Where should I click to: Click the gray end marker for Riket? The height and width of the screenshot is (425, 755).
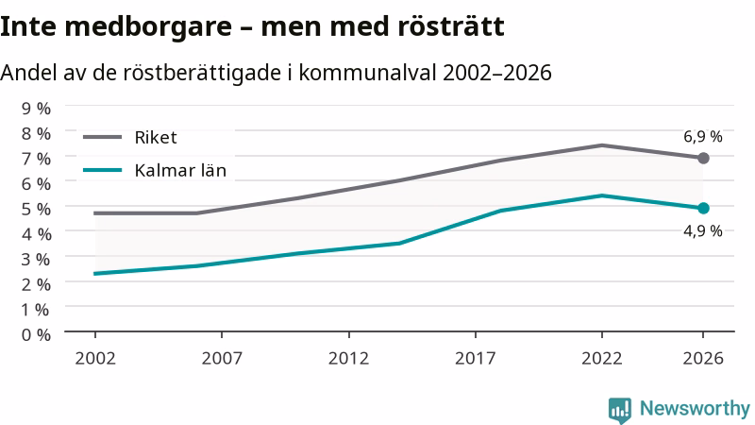[703, 158]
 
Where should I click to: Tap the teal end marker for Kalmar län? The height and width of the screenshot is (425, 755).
[703, 208]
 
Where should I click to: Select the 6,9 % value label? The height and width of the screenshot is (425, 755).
[703, 137]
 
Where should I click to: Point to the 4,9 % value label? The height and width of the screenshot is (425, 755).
[703, 231]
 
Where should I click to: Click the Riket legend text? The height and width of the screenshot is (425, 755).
[156, 138]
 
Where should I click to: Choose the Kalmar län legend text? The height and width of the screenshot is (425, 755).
[180, 171]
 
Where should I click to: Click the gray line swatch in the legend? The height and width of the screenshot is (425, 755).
[102, 137]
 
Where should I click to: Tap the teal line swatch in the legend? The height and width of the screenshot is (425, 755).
[102, 170]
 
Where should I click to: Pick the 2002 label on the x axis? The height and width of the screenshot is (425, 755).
[95, 359]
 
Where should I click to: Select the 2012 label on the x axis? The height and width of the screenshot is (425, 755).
[348, 359]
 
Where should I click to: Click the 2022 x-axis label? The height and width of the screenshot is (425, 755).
[602, 359]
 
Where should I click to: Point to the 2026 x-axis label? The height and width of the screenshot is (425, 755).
[703, 359]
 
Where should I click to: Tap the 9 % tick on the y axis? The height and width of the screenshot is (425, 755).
[36, 109]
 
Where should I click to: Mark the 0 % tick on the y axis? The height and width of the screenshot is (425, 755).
[36, 334]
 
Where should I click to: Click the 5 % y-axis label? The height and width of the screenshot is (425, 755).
[36, 209]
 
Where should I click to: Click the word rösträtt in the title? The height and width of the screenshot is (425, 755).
[451, 26]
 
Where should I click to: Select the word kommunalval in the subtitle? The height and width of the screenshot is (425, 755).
[368, 73]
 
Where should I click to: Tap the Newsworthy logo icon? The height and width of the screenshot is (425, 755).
[620, 410]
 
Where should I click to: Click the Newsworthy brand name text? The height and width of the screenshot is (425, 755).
[695, 409]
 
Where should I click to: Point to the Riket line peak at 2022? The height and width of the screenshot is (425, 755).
[602, 145]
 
